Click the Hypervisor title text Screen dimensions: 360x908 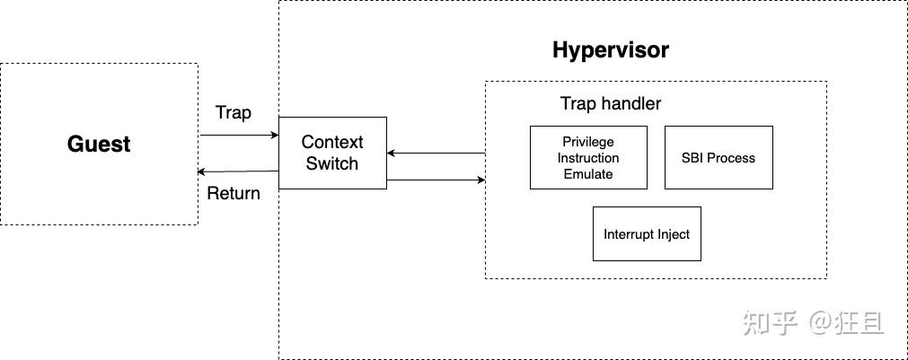pyautogui.click(x=610, y=49)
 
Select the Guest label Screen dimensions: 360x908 pyautogui.click(x=99, y=144)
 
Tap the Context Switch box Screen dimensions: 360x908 pyautogui.click(x=332, y=153)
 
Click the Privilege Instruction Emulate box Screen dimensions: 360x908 pyautogui.click(x=588, y=157)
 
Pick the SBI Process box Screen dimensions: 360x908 pyautogui.click(x=718, y=157)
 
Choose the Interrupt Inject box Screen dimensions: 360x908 pyautogui.click(x=647, y=233)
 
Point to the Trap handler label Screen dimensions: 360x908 pyautogui.click(x=611, y=103)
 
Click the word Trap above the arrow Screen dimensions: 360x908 pyautogui.click(x=234, y=113)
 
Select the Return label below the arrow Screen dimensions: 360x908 pyautogui.click(x=234, y=193)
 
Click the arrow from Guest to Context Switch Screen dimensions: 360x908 pyautogui.click(x=239, y=136)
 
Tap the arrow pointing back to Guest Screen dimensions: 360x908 pyautogui.click(x=239, y=171)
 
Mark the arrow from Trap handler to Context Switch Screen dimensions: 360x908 pyautogui.click(x=436, y=153)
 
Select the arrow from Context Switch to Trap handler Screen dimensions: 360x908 pyautogui.click(x=436, y=180)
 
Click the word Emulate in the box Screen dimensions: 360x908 pyautogui.click(x=588, y=174)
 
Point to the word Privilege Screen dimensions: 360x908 pyautogui.click(x=588, y=142)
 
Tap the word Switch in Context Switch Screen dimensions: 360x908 pyautogui.click(x=332, y=164)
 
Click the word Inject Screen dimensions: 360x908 pyautogui.click(x=673, y=234)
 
